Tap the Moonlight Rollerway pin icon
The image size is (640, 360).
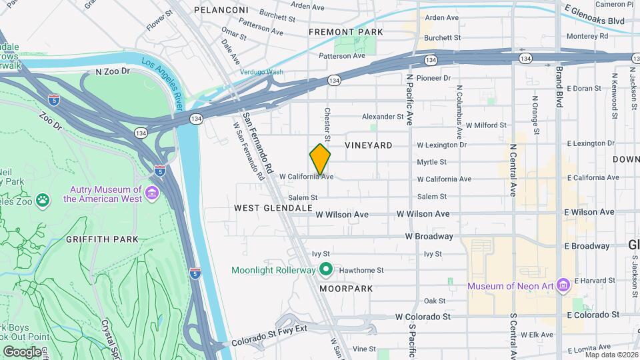tap(325, 270)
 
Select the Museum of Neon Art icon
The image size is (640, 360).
tap(563, 285)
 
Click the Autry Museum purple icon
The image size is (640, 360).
tap(152, 193)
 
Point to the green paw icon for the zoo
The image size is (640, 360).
tap(43, 199)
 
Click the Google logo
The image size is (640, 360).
tap(22, 351)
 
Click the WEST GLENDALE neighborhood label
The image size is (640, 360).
tap(273, 208)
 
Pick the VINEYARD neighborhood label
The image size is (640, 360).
tap(368, 145)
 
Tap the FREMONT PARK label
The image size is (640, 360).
tap(345, 32)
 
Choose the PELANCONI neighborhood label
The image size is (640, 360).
tap(221, 10)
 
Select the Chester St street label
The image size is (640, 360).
tap(327, 125)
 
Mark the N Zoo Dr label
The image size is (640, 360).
tap(111, 71)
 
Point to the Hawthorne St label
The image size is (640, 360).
tap(366, 270)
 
